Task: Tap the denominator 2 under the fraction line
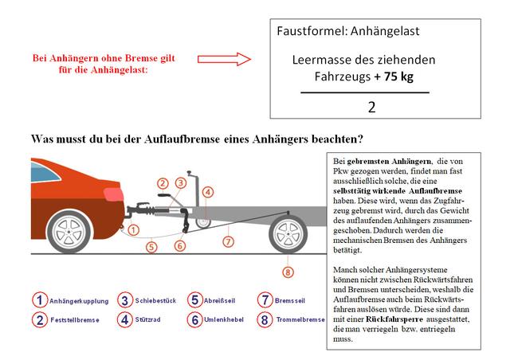point(371,107)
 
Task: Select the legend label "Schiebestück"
point(156,300)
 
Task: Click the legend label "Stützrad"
point(151,320)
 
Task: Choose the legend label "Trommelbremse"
point(300,320)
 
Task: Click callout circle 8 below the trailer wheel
point(288,272)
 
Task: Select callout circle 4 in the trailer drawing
point(207,191)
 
